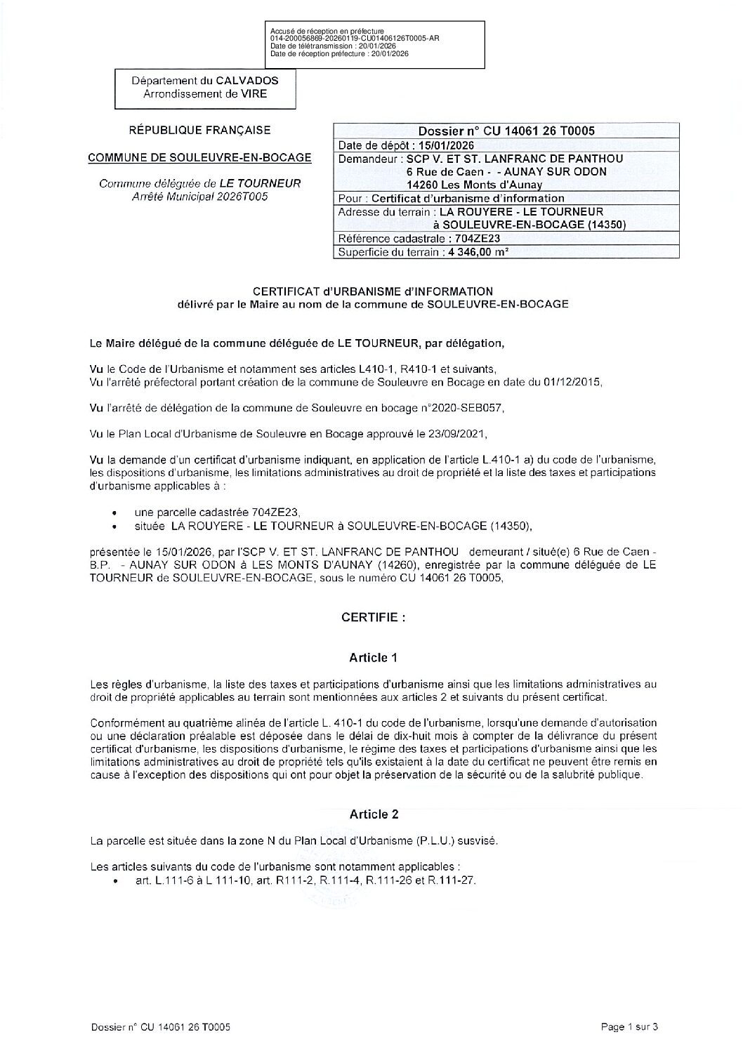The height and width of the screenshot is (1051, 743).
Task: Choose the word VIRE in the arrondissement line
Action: pos(254,94)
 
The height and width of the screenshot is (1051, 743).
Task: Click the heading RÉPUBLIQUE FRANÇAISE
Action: pos(199,131)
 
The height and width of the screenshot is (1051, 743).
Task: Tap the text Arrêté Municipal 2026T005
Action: pos(199,197)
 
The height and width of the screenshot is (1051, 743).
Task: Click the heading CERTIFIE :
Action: pos(373,618)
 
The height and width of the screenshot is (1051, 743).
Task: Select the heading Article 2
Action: pos(374,814)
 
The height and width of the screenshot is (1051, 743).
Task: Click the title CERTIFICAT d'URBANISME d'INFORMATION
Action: pos(373,291)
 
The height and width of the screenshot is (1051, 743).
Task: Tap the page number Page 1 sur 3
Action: pos(629,1027)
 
